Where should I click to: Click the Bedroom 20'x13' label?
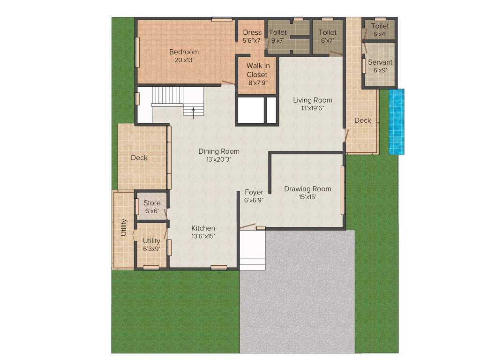[x=184, y=56]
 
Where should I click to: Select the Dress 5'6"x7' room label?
[x=252, y=37]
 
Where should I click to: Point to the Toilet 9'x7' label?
[x=277, y=37]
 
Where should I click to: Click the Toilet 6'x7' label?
[x=327, y=37]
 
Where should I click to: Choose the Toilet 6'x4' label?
[x=380, y=30]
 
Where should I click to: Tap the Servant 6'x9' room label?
[x=380, y=66]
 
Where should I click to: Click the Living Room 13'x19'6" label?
[x=313, y=104]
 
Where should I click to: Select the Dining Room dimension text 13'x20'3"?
[x=218, y=159]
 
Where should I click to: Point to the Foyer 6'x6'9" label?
[x=254, y=196]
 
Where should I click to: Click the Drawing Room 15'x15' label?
[x=307, y=193]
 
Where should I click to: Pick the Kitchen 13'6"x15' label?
[x=203, y=232]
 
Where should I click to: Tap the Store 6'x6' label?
[x=152, y=207]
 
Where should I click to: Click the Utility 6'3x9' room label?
[x=151, y=245]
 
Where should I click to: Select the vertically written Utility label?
[x=124, y=227]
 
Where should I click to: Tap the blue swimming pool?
[x=396, y=122]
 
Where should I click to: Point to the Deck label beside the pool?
[x=362, y=120]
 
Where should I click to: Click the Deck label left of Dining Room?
[x=139, y=158]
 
